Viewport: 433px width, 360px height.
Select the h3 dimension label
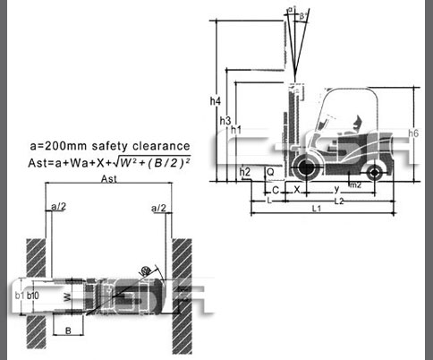[225, 121]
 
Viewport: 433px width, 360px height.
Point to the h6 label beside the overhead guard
[412, 133]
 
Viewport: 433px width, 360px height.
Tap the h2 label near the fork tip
[244, 171]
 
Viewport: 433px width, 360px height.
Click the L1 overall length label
[318, 209]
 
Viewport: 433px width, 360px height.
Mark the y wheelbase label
[335, 190]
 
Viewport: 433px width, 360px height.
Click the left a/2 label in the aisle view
[58, 208]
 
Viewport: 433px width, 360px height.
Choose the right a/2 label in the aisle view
[159, 208]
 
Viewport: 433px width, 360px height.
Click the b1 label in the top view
[20, 293]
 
